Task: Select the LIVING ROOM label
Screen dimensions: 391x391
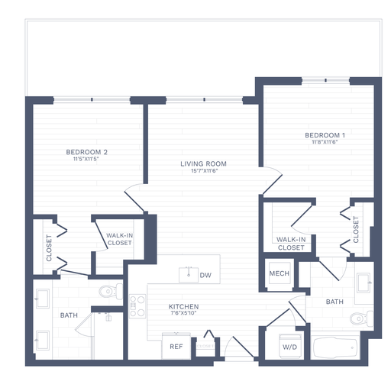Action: [x=203, y=163]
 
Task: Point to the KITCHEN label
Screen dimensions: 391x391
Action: [x=183, y=306]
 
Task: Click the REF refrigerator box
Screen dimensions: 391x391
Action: [x=176, y=346]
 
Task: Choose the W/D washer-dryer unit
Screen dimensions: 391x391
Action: [x=289, y=347]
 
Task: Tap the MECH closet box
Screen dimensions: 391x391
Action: [x=279, y=274]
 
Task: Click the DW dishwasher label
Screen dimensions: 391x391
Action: [x=205, y=275]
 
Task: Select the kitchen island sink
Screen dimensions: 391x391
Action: [x=188, y=273]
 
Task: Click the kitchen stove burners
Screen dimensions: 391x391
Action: [x=137, y=306]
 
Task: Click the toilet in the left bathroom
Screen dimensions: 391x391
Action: [x=111, y=290]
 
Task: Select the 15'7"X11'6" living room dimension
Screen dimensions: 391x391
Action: [x=203, y=171]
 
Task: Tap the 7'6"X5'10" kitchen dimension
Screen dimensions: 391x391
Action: [x=183, y=314]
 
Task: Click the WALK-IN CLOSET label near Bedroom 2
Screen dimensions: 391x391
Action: [x=118, y=239]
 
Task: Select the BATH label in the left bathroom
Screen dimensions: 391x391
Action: [x=69, y=314]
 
